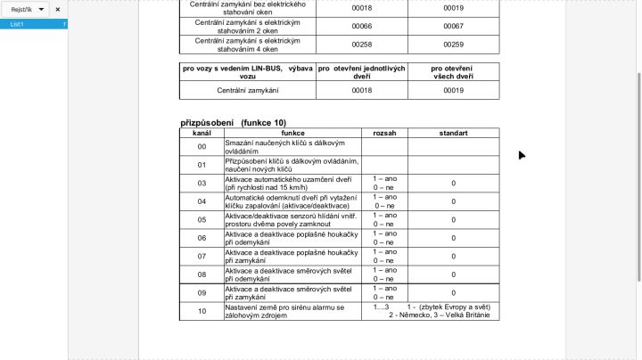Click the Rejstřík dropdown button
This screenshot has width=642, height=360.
coord(28,9)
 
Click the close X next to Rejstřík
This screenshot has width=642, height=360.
coord(58,9)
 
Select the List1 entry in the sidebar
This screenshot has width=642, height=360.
coord(18,24)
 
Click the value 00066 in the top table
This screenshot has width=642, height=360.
coord(361,26)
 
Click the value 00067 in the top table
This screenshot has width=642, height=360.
coord(453,26)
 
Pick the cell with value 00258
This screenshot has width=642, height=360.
coord(361,44)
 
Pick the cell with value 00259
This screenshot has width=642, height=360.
coord(453,44)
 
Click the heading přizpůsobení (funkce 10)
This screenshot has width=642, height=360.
coord(233,122)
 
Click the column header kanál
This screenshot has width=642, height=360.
coord(202,132)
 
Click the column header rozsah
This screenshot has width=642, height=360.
coord(384,132)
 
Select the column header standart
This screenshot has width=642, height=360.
coord(453,132)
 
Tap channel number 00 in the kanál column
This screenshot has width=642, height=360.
coord(202,146)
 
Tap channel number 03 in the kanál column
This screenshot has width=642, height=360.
coord(202,183)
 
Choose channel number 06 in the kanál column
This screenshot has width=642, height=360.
coord(202,238)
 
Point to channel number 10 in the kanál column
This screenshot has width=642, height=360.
coord(202,311)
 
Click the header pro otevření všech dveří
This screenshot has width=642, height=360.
coord(453,72)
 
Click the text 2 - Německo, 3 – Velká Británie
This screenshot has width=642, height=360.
coord(439,315)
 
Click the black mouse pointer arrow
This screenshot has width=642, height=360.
coord(522,155)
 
